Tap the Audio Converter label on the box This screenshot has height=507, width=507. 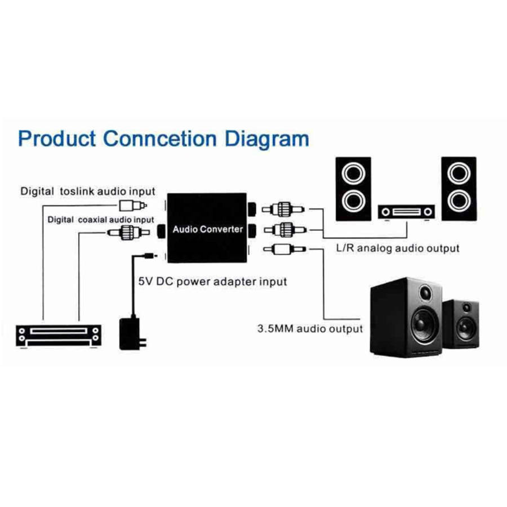(207, 229)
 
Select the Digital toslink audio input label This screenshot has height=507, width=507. (88, 192)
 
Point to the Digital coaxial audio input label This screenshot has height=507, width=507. (101, 219)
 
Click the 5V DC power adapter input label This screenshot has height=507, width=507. (212, 281)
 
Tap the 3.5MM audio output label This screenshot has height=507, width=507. (310, 328)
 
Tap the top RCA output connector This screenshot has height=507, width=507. (284, 210)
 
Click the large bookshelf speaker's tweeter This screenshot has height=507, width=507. (424, 293)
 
